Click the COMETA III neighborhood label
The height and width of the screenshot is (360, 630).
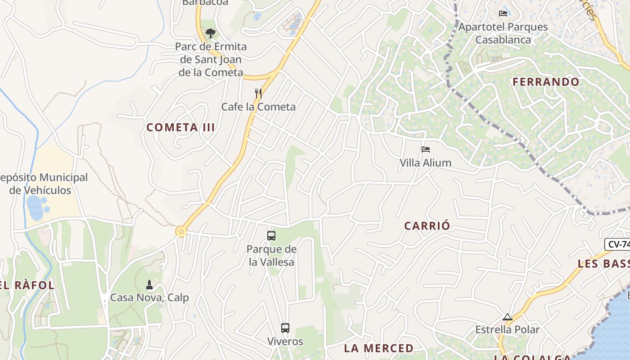tap(180, 127)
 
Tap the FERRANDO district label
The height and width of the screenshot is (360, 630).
tap(546, 82)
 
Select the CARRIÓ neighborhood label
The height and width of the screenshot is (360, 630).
tap(427, 226)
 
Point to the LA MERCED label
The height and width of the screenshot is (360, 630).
tap(378, 348)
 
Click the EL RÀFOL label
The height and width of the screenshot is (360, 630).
tap(27, 285)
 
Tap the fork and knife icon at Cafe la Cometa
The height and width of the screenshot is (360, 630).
tap(258, 94)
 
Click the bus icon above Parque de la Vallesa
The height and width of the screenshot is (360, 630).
tap(271, 235)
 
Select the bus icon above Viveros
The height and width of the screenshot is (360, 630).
tap(285, 328)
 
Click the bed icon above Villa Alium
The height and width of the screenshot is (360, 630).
tap(426, 149)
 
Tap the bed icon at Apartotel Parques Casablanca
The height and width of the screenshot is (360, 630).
tap(503, 13)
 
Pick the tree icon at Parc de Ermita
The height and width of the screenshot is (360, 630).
tap(210, 33)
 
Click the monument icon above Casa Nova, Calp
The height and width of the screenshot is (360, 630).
tap(149, 284)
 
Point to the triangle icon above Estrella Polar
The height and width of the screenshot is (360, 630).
tap(508, 317)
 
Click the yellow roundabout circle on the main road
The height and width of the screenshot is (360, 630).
tap(181, 232)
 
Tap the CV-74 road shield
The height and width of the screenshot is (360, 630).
tap(618, 244)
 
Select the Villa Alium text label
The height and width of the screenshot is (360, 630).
tap(425, 163)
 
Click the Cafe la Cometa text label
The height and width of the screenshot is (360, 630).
tap(258, 107)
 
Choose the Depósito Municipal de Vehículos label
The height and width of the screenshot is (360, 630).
tap(43, 184)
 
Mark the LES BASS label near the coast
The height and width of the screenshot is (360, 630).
tap(603, 264)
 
